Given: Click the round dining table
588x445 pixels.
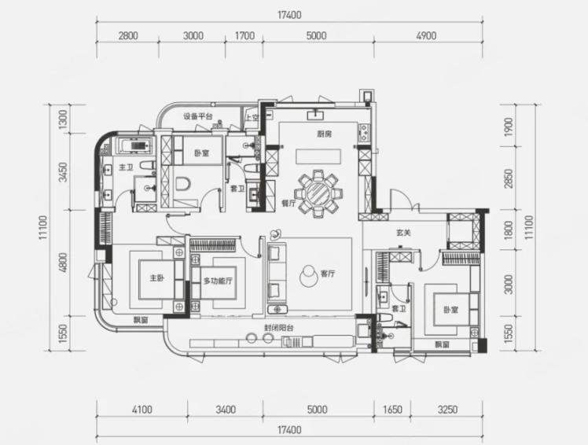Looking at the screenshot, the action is [x=318, y=193].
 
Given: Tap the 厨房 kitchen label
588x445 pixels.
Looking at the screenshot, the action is [x=324, y=134].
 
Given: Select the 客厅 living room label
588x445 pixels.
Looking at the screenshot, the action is [x=328, y=274].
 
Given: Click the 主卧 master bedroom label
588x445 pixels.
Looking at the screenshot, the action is [x=156, y=278].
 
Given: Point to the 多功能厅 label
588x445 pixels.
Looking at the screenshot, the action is [x=218, y=281].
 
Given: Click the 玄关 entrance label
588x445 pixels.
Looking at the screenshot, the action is [x=404, y=233].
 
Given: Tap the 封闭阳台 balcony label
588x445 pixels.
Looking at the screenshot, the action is [x=279, y=328].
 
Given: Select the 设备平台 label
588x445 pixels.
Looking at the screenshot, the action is [x=197, y=116].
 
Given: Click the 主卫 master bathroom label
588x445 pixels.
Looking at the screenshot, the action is [x=126, y=167].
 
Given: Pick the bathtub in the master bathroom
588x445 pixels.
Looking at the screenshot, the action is [x=135, y=146].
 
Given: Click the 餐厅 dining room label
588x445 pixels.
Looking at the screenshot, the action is [x=288, y=204].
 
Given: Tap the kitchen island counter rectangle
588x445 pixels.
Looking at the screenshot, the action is [x=318, y=156].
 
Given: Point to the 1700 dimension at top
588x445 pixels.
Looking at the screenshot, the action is [x=244, y=36].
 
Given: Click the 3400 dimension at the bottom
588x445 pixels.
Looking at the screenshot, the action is [x=226, y=410].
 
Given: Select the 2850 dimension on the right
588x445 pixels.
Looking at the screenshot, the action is [x=509, y=178].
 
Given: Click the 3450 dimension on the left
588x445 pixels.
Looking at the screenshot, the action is [x=64, y=172].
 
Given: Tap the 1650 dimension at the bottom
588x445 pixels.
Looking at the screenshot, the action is [x=392, y=410].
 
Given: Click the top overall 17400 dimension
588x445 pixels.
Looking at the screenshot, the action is [x=289, y=16].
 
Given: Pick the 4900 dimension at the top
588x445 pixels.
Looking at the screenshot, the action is [x=426, y=36].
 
